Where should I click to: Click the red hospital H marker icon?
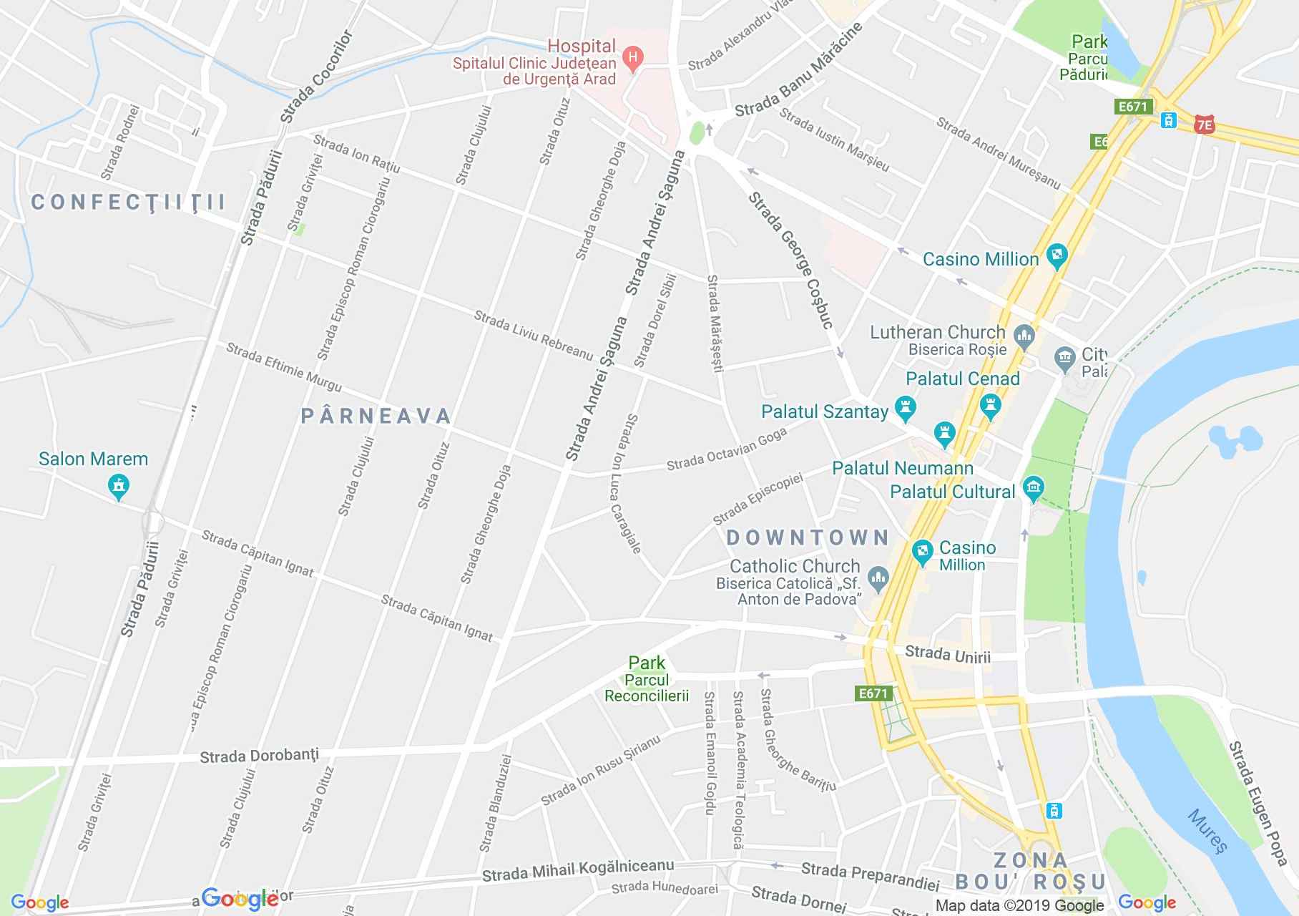(632, 57)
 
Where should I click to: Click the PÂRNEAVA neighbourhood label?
(376, 416)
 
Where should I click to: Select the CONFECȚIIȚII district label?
(129, 203)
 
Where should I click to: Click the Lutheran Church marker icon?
(1024, 333)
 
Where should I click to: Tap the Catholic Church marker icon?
(878, 576)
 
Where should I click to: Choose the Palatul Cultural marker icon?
(1032, 489)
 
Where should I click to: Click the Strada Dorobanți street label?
(259, 756)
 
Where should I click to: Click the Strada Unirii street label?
(947, 654)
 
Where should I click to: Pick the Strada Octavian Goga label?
(726, 449)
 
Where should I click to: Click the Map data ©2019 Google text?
(1019, 905)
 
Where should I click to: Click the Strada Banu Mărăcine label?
(798, 70)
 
